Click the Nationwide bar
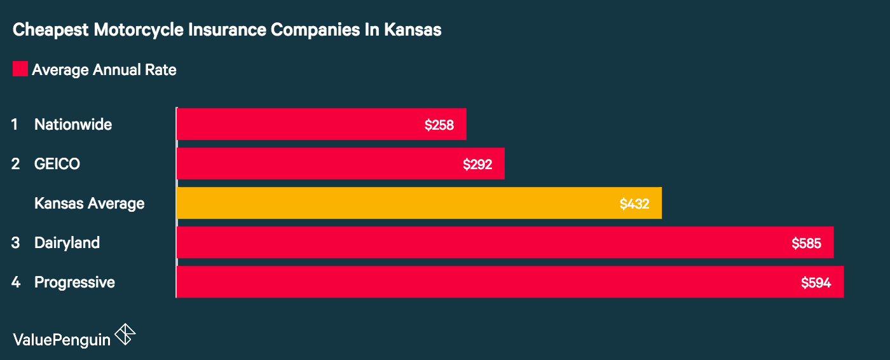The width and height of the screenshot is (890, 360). [321, 124]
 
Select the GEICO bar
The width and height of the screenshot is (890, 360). [340, 163]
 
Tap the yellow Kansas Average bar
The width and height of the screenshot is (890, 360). [419, 203]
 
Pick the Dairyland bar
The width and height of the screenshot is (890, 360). [505, 242]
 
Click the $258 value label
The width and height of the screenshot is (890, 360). [439, 125]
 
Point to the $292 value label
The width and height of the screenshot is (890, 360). [477, 164]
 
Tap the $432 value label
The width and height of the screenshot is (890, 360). [634, 204]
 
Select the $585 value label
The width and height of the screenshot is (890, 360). [806, 243]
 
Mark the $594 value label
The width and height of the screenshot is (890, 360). [816, 282]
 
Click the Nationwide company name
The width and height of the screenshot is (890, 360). [73, 125]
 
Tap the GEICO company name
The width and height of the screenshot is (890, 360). [57, 164]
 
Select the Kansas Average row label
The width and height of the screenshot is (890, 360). [89, 204]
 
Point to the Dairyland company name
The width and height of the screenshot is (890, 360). [67, 243]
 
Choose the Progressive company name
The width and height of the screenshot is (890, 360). [74, 282]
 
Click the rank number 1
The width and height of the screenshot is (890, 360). [15, 125]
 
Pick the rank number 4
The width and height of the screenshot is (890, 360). [15, 282]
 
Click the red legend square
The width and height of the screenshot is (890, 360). [20, 69]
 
